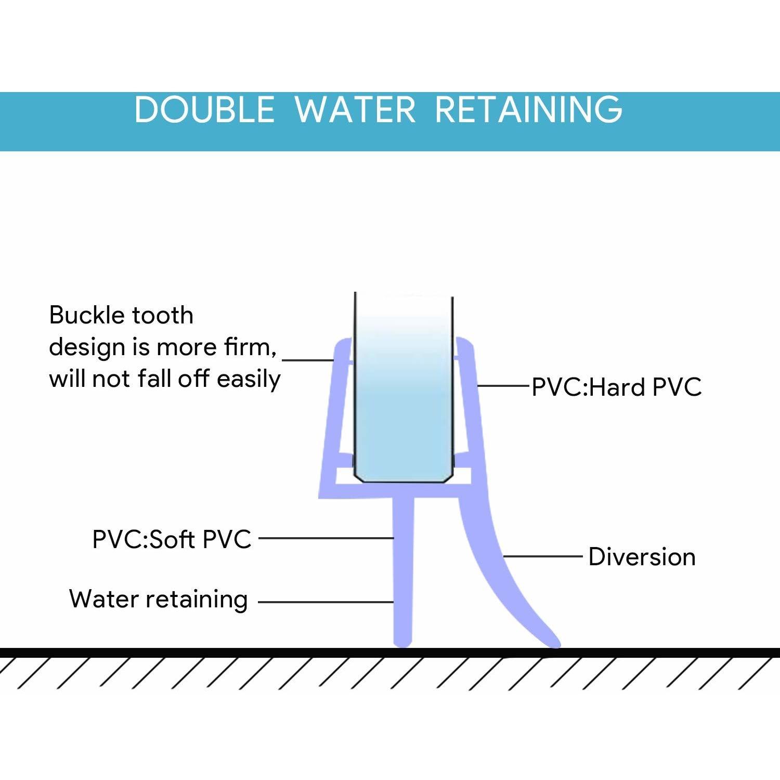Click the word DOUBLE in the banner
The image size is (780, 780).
tap(204, 110)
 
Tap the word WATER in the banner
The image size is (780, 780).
tap(356, 110)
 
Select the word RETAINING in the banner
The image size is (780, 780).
tap(529, 110)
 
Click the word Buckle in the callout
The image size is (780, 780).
tap(86, 315)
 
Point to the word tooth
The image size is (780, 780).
tap(163, 315)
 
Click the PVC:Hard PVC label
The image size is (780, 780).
tap(617, 387)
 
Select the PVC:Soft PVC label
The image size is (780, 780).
tap(172, 539)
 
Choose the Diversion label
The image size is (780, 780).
tap(642, 557)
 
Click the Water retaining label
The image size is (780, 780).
tap(159, 599)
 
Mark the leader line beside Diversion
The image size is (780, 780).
tap(542, 556)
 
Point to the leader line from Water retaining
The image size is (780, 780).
tap(326, 602)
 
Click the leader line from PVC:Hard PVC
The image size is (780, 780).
tap(503, 386)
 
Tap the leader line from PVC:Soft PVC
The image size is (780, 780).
tap(326, 538)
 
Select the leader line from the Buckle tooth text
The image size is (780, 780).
tap(307, 359)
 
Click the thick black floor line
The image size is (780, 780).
tap(390, 653)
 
